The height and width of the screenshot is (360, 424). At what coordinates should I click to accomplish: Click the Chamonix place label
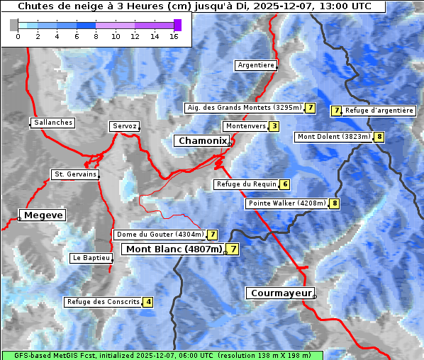click(202, 141)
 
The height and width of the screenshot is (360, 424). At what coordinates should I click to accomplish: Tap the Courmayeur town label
click(280, 293)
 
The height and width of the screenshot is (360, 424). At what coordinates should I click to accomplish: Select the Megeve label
click(43, 215)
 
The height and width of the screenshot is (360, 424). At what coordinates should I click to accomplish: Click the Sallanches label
click(52, 123)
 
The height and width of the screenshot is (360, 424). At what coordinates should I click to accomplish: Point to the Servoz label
click(124, 126)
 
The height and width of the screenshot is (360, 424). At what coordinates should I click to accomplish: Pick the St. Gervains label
click(74, 174)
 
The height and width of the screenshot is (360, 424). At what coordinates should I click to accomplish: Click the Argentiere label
click(256, 65)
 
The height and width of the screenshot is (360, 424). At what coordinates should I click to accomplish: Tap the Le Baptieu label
click(91, 258)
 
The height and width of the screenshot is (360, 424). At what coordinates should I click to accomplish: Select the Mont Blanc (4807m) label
click(174, 249)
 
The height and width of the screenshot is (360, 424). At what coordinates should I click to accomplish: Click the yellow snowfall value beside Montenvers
click(274, 126)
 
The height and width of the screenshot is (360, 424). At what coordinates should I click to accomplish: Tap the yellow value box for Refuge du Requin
click(284, 184)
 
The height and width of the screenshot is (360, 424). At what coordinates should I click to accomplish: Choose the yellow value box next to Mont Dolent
click(379, 137)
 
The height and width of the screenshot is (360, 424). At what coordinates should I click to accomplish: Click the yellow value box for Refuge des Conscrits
click(147, 302)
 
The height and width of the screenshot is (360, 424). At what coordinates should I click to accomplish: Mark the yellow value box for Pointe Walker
click(334, 203)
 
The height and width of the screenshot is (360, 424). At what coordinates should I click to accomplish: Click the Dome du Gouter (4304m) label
click(160, 235)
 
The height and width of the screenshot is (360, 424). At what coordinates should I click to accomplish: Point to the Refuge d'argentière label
click(379, 111)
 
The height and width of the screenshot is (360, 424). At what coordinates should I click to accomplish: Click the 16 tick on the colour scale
click(174, 36)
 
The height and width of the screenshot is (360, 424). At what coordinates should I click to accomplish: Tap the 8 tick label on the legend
click(96, 36)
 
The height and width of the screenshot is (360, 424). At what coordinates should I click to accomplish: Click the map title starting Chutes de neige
click(193, 6)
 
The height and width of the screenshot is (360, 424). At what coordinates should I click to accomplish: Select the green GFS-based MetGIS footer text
click(162, 355)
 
